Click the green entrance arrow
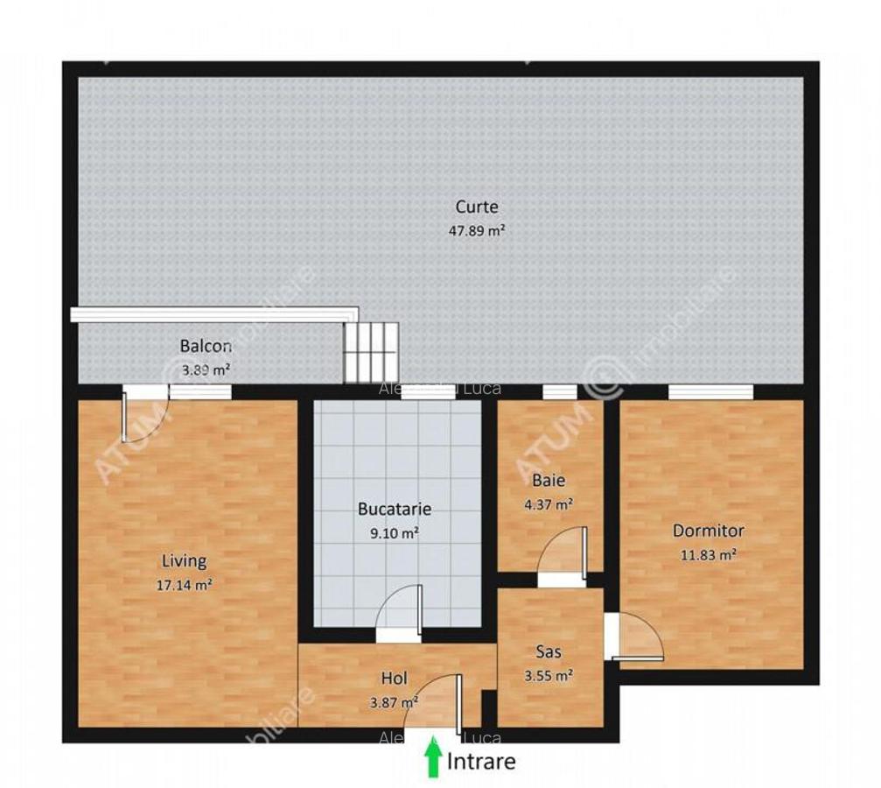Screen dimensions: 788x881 [x=432, y=758]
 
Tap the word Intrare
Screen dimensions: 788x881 [x=481, y=762]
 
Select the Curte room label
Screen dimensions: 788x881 [x=477, y=208]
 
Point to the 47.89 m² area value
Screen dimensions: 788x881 [x=477, y=231]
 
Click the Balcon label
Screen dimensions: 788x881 [x=206, y=346]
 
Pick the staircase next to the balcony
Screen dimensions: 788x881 [x=370, y=351]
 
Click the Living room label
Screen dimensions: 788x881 [x=184, y=561]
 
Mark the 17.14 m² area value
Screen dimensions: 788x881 [x=185, y=585]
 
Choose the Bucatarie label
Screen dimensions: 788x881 [x=395, y=509]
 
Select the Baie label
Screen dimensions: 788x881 [x=549, y=480]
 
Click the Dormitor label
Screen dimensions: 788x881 [x=709, y=531]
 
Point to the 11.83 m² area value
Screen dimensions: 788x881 [x=709, y=553]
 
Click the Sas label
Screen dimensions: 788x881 [x=549, y=651]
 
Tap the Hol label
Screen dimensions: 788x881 [x=394, y=678]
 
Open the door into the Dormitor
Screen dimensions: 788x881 [x=635, y=637]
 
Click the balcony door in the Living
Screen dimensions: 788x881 [x=143, y=419]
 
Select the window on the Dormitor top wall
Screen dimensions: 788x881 [x=710, y=392]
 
